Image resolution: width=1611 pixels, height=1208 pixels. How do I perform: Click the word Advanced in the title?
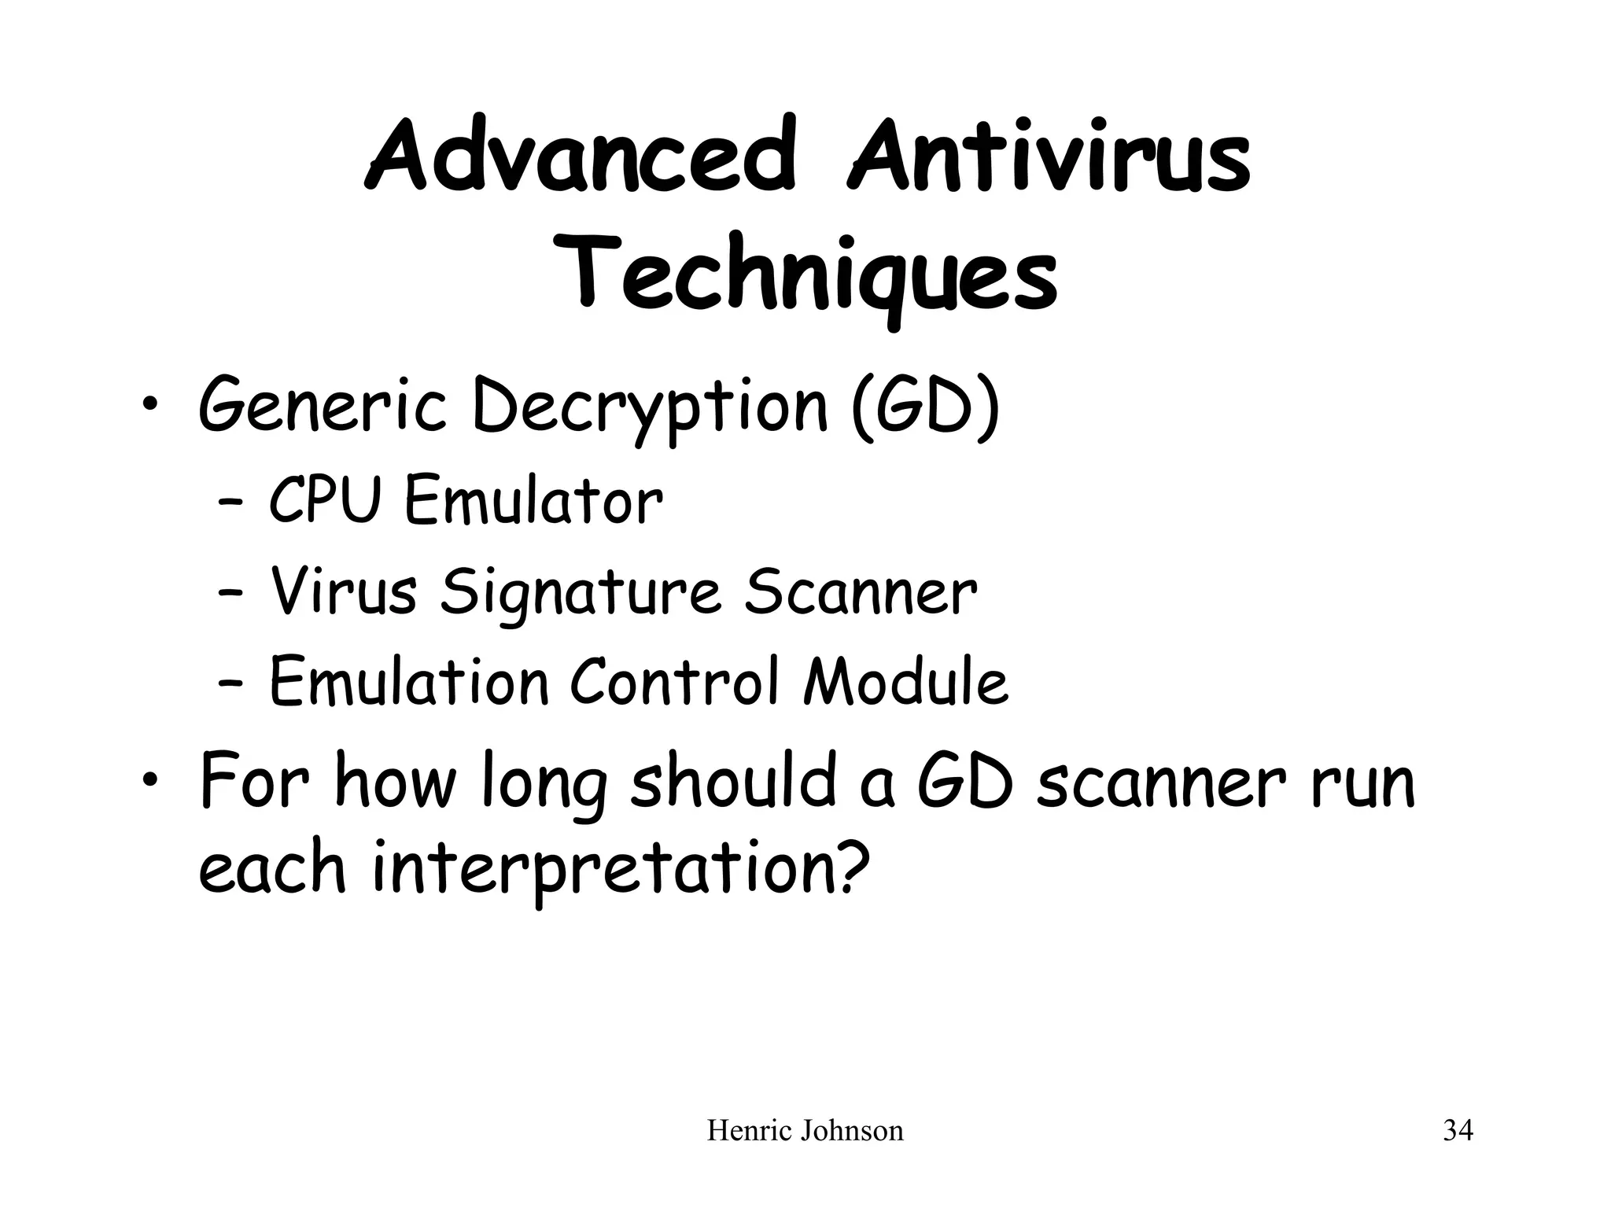pos(581,157)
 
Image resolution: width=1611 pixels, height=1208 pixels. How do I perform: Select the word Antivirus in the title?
pos(1049,157)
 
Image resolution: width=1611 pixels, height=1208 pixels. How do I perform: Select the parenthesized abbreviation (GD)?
pos(925,407)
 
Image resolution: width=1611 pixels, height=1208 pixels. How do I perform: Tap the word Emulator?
pos(533,502)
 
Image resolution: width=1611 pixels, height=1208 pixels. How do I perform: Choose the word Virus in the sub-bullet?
pos(343,591)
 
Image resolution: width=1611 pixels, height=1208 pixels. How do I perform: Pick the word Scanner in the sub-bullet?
pos(860,591)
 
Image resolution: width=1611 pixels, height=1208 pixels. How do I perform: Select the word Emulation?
pos(408,681)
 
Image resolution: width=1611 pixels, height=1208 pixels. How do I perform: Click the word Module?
pos(905,681)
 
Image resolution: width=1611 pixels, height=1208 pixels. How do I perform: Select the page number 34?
pos(1458,1131)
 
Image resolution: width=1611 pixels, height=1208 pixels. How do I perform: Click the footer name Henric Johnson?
pos(805,1131)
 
